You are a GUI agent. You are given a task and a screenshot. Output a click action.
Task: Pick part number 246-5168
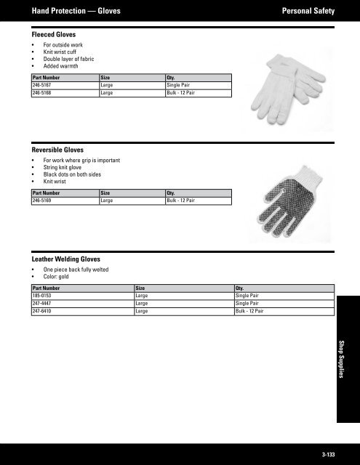(x=42, y=93)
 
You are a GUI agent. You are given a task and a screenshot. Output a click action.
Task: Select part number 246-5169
(x=42, y=200)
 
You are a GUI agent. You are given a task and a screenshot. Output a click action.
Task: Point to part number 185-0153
(x=42, y=296)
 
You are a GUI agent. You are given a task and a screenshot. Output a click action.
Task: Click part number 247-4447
(x=42, y=304)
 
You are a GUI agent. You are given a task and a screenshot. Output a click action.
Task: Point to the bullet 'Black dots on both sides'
(x=71, y=173)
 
